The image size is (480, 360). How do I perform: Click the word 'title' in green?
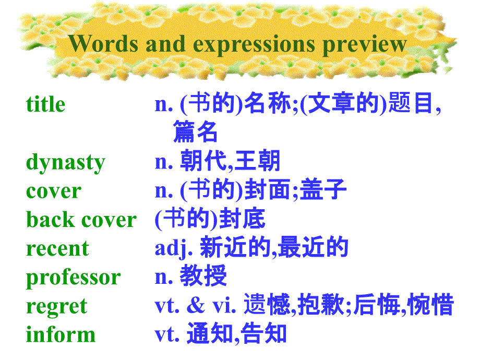click(x=45, y=104)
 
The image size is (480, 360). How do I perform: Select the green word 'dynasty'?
click(x=65, y=163)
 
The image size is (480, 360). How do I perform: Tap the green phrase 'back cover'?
click(x=81, y=220)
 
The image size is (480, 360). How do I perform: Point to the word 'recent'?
click(x=57, y=248)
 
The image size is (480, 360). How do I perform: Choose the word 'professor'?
click(x=73, y=278)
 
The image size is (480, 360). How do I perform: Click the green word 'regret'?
click(x=56, y=306)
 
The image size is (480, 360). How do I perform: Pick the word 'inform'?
click(x=61, y=334)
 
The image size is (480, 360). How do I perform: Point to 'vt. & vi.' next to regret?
click(x=196, y=305)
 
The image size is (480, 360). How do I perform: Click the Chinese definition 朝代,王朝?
click(x=230, y=161)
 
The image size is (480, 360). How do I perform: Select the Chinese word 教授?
click(x=203, y=277)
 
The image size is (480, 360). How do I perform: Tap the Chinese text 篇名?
click(x=195, y=133)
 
